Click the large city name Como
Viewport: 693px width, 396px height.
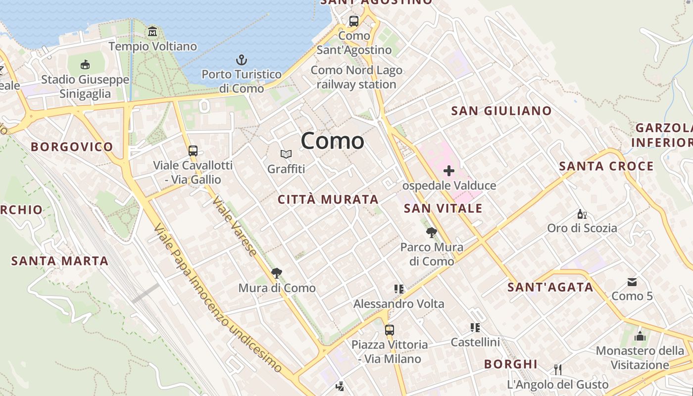(x=332, y=141)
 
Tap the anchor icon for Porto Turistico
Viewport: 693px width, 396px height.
(x=241, y=60)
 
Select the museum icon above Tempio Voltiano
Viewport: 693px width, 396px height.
(x=152, y=32)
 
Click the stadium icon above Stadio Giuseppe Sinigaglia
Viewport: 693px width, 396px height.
(x=85, y=64)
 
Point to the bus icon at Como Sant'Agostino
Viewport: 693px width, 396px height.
(x=354, y=21)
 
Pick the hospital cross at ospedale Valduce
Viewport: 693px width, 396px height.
(x=449, y=171)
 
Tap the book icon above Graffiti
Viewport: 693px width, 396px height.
(x=286, y=154)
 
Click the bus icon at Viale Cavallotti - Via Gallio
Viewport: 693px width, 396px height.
(x=193, y=151)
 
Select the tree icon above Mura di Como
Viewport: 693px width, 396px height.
(x=277, y=273)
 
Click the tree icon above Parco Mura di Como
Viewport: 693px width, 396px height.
(x=432, y=232)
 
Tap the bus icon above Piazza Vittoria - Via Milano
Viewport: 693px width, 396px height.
(x=390, y=330)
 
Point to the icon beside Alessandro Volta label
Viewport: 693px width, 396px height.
(x=399, y=289)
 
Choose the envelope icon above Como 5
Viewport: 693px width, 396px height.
(x=632, y=282)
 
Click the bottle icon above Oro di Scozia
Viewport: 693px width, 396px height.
(x=582, y=214)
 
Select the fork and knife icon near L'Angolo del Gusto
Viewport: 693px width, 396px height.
(x=558, y=369)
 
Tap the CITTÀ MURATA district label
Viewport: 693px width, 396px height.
(x=328, y=199)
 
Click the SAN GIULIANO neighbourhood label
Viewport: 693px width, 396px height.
(x=501, y=111)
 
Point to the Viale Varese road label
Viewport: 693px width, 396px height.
(x=235, y=227)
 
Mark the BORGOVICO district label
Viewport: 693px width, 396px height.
(x=72, y=147)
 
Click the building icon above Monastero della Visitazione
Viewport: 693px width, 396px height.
(x=640, y=336)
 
